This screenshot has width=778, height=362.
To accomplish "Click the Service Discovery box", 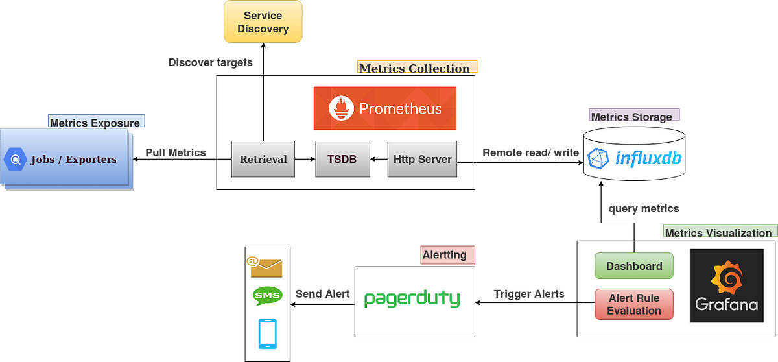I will point(263,23).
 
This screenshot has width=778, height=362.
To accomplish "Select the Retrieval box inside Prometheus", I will point(263,159).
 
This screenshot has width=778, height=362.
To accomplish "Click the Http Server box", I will point(422,159).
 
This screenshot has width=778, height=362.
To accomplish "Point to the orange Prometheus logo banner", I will point(385,108).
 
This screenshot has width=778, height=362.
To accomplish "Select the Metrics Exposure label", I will point(96,122).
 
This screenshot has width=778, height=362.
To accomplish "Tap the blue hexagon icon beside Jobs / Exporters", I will point(14,159).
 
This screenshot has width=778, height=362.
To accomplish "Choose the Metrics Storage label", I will point(633,117).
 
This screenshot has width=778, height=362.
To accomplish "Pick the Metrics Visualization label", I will point(718,232).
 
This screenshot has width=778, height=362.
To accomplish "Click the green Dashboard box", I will point(634,266).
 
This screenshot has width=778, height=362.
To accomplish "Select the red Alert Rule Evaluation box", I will point(634,304).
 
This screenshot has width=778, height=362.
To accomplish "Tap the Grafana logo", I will point(726,285).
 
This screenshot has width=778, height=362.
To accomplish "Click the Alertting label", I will point(446,255).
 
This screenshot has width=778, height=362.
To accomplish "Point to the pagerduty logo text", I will point(412,299).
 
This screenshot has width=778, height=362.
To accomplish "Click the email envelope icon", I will point(266,265).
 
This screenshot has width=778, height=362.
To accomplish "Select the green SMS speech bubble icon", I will point(267,296).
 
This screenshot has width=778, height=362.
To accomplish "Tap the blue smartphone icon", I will point(267,333).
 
